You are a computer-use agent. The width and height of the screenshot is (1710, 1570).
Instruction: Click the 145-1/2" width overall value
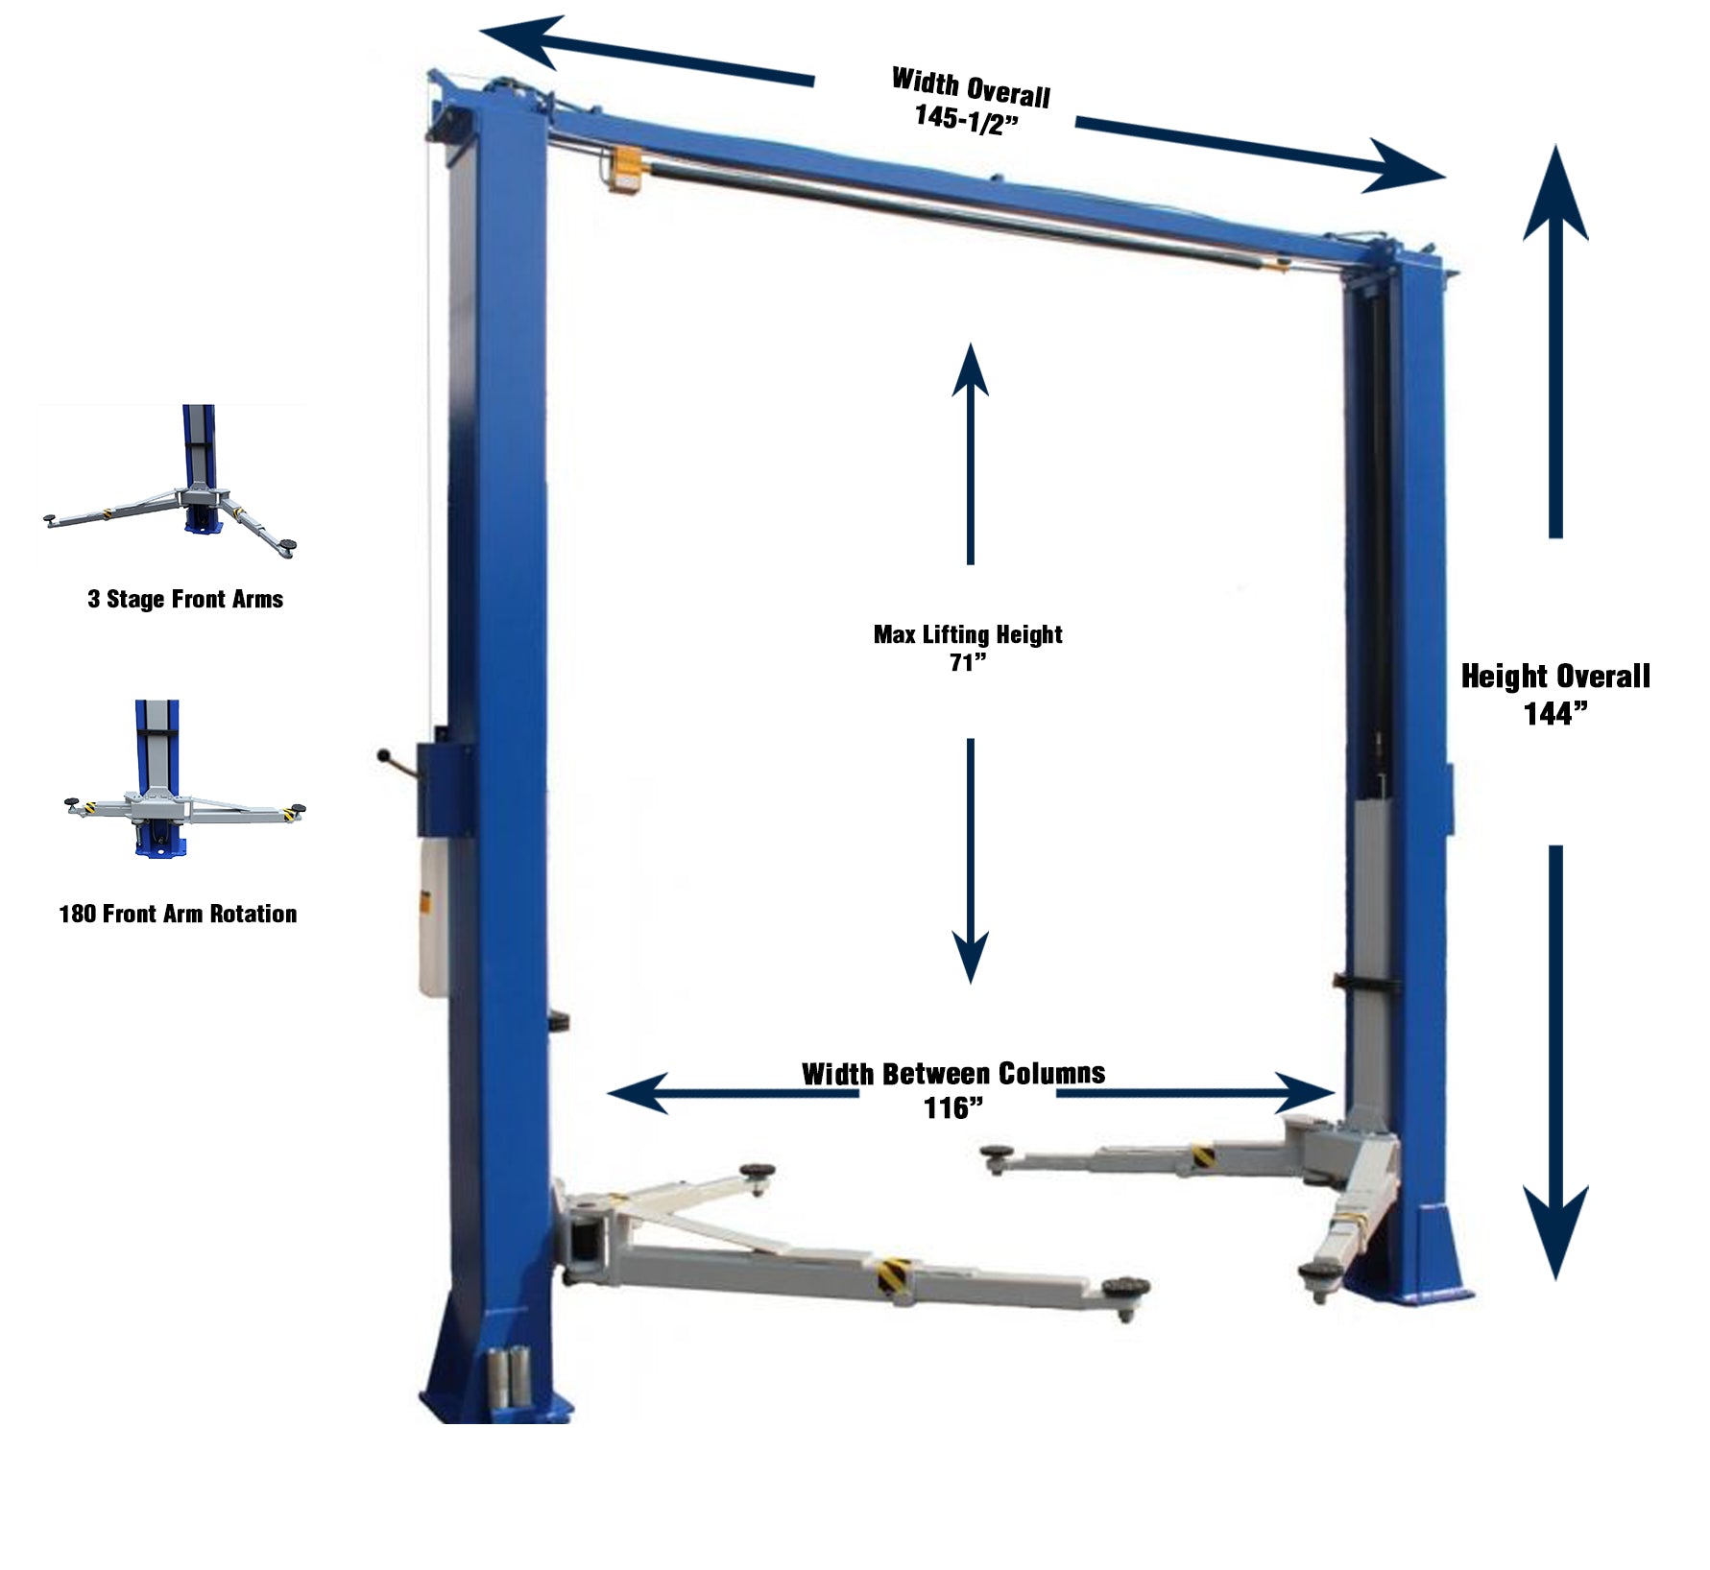click(x=966, y=119)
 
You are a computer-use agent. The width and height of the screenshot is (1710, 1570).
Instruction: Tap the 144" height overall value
click(x=1555, y=713)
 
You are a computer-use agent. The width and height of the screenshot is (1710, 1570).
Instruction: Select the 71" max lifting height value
click(x=968, y=662)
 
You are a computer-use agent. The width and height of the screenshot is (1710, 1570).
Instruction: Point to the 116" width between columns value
click(x=953, y=1107)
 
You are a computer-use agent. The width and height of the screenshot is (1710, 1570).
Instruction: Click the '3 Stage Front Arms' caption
click(x=185, y=599)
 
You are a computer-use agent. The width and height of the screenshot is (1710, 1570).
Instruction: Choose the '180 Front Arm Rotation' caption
click(x=178, y=914)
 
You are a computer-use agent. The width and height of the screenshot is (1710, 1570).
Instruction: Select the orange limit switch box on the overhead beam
click(x=627, y=171)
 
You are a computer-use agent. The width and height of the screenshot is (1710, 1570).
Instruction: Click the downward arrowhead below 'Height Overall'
click(x=1555, y=1232)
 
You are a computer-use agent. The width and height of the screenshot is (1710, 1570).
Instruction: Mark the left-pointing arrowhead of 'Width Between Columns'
click(x=638, y=1093)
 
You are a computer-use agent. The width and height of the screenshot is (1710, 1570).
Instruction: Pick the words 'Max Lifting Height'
click(x=968, y=634)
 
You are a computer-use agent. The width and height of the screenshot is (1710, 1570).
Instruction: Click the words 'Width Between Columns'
click(x=953, y=1073)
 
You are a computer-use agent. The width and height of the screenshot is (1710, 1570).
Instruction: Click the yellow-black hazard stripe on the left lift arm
click(x=892, y=1279)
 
